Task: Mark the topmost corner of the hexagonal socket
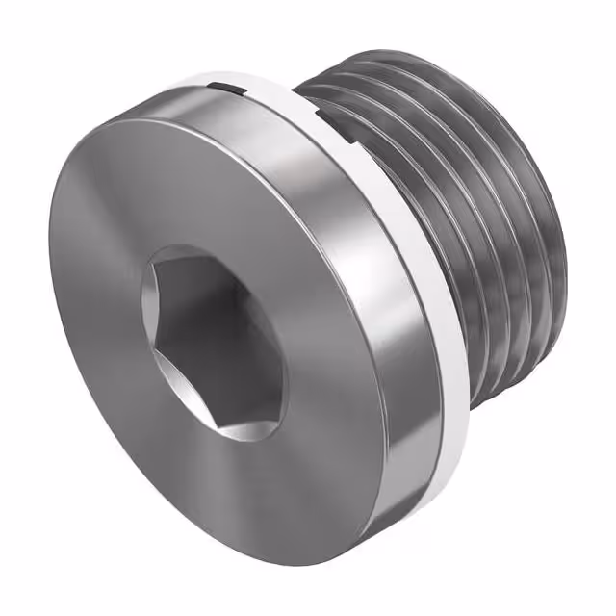coord(183,248)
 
